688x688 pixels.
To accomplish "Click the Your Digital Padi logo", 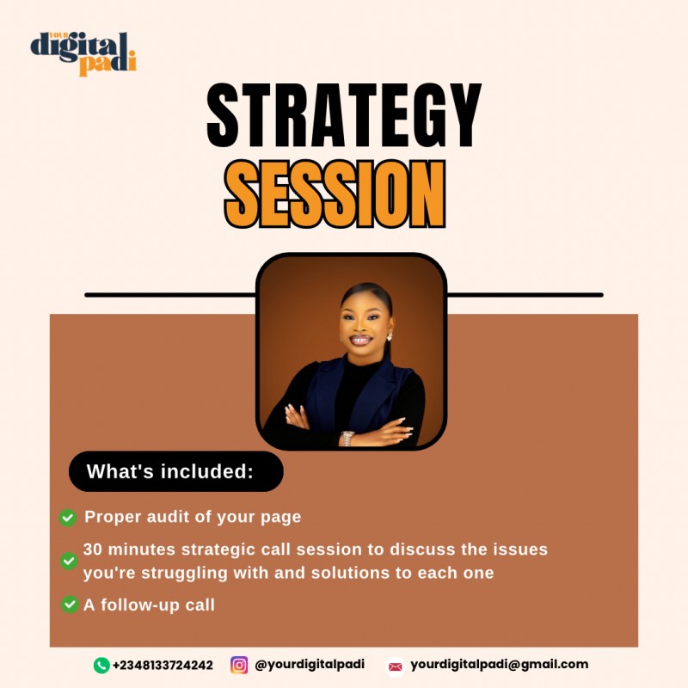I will pyautogui.click(x=83, y=52).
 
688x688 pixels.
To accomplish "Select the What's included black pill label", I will pyautogui.click(x=175, y=471).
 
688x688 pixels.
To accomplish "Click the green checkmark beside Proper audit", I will pyautogui.click(x=67, y=518).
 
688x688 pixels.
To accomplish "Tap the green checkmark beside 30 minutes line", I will pyautogui.click(x=68, y=561).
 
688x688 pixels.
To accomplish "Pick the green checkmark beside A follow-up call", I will pyautogui.click(x=70, y=605).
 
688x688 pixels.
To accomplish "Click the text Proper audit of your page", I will pyautogui.click(x=193, y=518).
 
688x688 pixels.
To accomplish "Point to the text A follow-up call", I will pyautogui.click(x=149, y=605).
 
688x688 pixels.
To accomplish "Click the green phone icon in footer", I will pyautogui.click(x=101, y=665).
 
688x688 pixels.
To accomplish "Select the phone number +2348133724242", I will pyautogui.click(x=163, y=665).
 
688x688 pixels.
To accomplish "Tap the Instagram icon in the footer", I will pyautogui.click(x=239, y=665).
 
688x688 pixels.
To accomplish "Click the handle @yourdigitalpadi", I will pyautogui.click(x=310, y=665).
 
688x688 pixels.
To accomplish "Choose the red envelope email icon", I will pyautogui.click(x=395, y=666).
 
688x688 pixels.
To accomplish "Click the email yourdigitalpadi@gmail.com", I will pyautogui.click(x=499, y=664).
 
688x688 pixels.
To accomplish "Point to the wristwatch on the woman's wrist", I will pyautogui.click(x=347, y=438).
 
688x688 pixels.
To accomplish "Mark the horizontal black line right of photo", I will pyautogui.click(x=525, y=294).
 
